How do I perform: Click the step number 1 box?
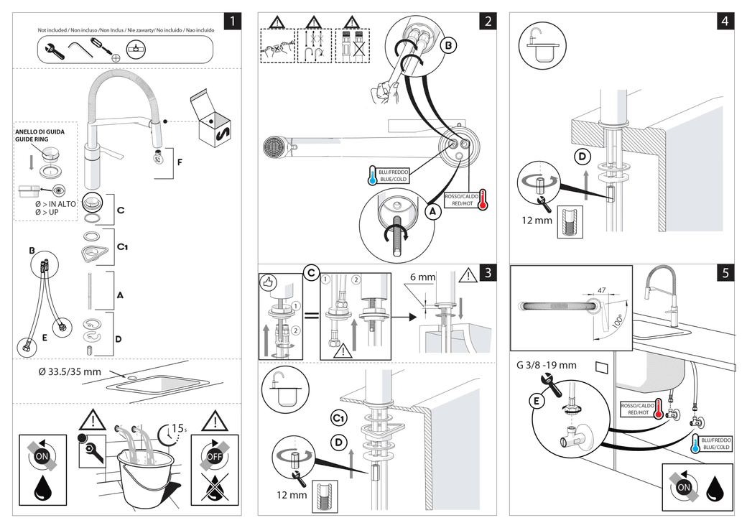click(x=232, y=21)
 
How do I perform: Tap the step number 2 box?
click(x=487, y=21)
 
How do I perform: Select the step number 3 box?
click(x=487, y=272)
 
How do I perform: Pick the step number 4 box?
click(x=725, y=21)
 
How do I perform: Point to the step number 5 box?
click(x=725, y=272)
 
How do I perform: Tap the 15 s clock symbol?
click(x=171, y=432)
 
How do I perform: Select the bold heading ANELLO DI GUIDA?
click(x=40, y=132)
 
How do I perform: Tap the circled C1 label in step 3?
click(x=338, y=417)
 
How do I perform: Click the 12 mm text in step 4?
click(x=538, y=221)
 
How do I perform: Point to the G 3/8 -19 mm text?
click(x=546, y=365)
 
